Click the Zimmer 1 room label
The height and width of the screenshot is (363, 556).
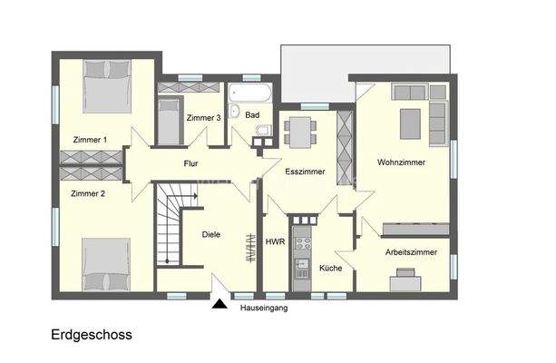pos(90,139)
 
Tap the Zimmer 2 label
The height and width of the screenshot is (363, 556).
pos(89,193)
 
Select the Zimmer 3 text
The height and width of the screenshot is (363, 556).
pos(204,118)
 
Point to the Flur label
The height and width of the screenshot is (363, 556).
pos(190,164)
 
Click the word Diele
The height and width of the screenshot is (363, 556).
pos(210,234)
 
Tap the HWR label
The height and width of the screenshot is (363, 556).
pos(275,242)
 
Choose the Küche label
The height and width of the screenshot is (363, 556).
pos(330,268)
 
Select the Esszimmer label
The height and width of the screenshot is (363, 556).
pos(304,171)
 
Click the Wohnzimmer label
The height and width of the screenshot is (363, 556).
pos(403,162)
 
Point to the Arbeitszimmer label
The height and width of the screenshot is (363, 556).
pos(412,252)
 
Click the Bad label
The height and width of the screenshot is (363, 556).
pos(252,115)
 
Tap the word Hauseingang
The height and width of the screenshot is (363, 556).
pos(263,309)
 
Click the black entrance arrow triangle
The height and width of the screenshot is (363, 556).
pos(219,305)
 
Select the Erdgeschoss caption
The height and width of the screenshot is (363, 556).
pos(92,335)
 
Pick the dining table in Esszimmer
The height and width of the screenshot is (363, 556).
pos(299,132)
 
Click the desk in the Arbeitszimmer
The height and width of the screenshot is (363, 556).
pos(404,284)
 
